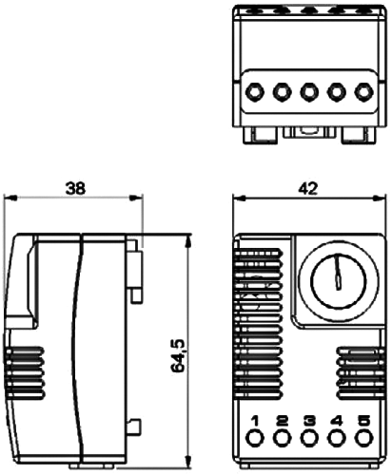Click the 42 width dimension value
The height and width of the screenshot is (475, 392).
[307, 188]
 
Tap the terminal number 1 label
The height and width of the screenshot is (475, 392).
[255, 421]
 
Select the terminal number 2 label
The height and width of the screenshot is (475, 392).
[282, 421]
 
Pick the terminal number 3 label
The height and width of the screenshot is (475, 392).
[308, 421]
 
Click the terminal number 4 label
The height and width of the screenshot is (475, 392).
[336, 421]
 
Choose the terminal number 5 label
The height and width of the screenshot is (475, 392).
[363, 421]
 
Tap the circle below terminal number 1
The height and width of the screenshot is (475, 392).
[255, 439]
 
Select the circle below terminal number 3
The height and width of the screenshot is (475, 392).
[308, 439]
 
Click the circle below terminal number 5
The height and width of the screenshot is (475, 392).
[363, 439]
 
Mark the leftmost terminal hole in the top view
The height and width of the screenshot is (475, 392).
[255, 93]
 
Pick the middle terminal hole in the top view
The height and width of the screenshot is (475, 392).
[308, 93]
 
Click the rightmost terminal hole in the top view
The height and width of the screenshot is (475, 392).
[363, 93]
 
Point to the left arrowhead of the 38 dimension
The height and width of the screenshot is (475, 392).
[10, 199]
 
